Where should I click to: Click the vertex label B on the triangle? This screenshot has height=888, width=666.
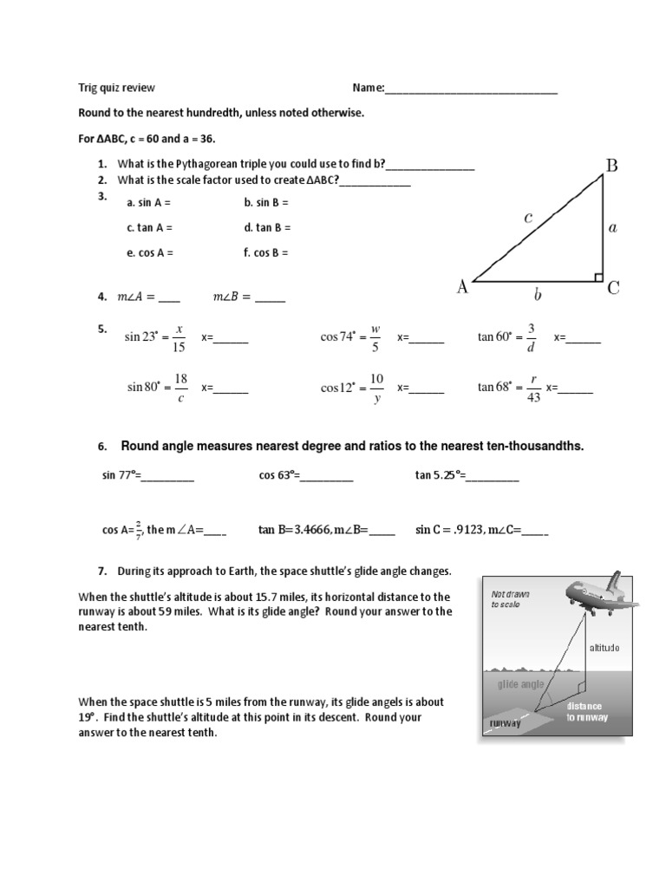point(611,165)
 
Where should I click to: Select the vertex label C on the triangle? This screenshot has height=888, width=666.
point(613,288)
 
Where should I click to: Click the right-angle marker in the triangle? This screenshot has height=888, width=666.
point(597,277)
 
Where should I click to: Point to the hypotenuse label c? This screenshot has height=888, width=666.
point(527,219)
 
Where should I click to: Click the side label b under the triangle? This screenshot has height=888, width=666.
point(537,296)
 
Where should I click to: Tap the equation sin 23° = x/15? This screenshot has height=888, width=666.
point(155,338)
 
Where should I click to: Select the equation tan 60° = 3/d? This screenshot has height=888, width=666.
point(508,338)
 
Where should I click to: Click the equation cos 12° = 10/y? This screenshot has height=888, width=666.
point(353,388)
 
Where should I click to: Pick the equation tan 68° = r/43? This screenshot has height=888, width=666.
point(509,388)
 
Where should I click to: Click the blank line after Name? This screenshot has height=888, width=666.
point(471,88)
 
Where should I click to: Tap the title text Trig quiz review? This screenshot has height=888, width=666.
point(117,88)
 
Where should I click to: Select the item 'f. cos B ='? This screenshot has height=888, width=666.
point(266,253)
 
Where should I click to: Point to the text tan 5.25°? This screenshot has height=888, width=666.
point(440,474)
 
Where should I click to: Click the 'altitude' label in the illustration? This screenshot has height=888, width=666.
point(604,647)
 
